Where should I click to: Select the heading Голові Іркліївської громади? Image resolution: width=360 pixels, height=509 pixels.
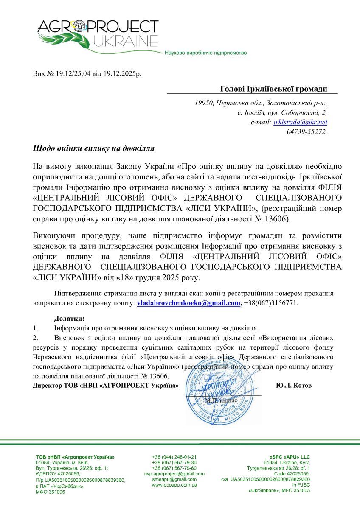coord(274,89)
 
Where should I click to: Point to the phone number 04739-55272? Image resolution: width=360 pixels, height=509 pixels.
coord(307,132)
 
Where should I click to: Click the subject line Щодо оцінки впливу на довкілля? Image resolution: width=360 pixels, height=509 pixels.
coord(93,149)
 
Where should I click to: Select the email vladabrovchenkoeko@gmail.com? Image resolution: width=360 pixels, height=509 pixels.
coord(188,303)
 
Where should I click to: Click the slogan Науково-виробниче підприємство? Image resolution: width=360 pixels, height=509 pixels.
coord(205,53)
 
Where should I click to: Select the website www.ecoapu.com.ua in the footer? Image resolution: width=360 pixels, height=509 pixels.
coord(174,484)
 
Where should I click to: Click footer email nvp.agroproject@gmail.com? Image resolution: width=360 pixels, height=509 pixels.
coord(174,473)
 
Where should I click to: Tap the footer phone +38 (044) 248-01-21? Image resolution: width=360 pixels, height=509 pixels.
coord(174,457)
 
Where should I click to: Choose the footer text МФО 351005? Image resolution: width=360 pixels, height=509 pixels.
coord(51,492)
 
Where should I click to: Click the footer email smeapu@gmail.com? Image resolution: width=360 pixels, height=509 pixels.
coord(174,479)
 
